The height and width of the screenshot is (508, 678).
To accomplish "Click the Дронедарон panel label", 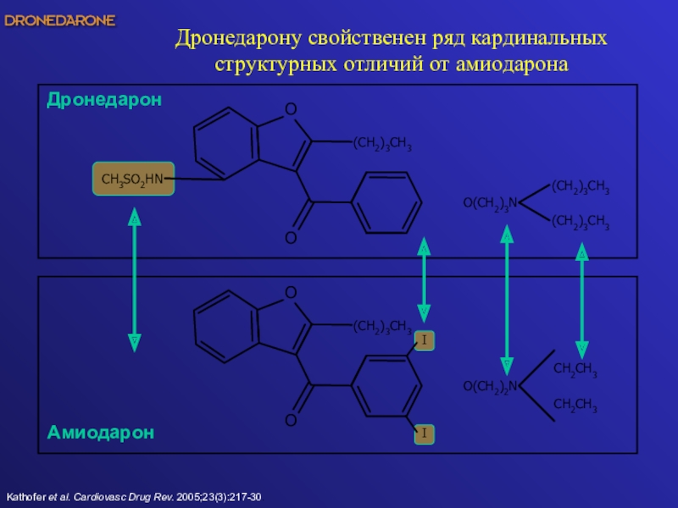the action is coord(104,100).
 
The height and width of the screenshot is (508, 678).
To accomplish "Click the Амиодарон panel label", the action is coord(101,433).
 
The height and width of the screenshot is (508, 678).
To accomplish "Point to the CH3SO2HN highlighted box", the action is coord(133,179).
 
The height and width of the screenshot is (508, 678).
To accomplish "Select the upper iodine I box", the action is coord(424,340).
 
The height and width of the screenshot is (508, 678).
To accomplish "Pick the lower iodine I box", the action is coord(424,434).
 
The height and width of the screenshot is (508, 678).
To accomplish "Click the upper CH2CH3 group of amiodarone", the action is coord(575,370).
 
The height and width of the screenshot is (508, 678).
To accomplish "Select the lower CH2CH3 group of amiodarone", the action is coord(575,408).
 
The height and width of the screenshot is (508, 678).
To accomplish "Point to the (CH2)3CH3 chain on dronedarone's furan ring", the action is coord(382,146).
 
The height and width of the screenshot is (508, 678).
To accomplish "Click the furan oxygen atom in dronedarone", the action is coord(291,109).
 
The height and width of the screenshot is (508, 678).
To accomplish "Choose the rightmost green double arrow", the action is coord(582,301).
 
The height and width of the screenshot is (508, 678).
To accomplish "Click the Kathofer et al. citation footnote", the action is coord(134,495).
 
